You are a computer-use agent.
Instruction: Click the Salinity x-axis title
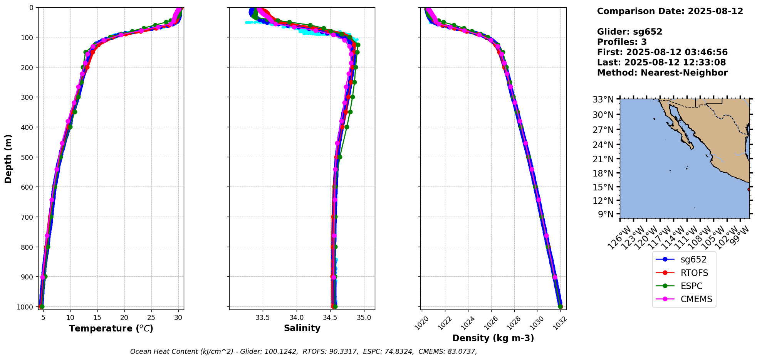click(302, 328)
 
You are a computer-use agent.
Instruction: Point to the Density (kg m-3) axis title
click(493, 338)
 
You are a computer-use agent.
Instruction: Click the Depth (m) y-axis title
click(8, 158)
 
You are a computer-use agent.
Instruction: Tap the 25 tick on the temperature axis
click(151, 318)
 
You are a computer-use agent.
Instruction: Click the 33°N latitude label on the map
click(603, 100)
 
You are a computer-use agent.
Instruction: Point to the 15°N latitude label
click(603, 187)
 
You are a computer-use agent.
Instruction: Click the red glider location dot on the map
click(749, 189)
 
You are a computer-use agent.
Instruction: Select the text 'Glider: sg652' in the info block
click(629, 32)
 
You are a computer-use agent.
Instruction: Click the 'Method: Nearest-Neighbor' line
click(662, 73)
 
